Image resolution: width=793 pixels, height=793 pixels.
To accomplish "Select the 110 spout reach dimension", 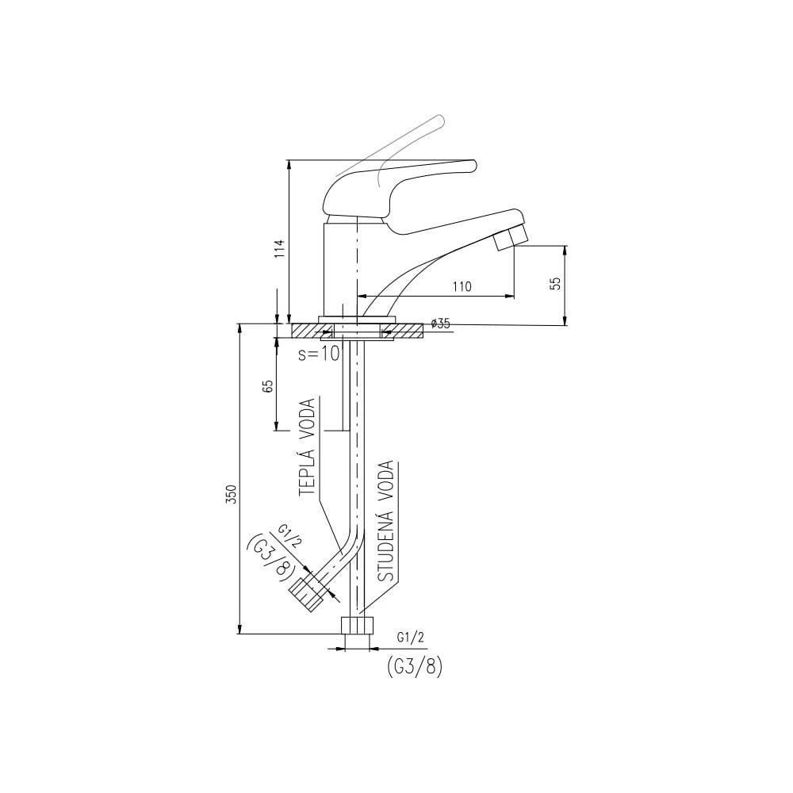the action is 462,287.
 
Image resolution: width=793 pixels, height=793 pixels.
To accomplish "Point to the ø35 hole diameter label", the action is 440,324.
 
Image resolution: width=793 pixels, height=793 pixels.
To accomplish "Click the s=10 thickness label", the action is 319,354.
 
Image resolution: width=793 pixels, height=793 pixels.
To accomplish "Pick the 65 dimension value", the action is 269,386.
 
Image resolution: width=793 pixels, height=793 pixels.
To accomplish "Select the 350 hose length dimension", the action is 232,494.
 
